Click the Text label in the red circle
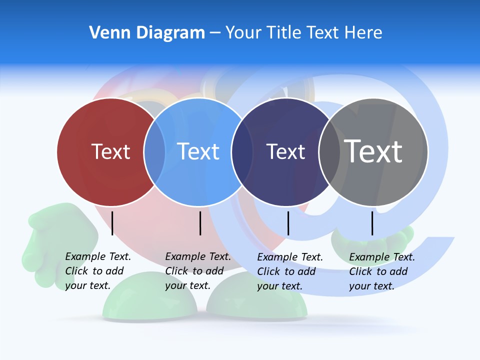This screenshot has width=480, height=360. point(110,151)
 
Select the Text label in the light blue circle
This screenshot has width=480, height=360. point(198,151)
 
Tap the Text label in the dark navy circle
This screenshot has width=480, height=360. point(285,151)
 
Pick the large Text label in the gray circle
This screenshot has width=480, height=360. point(373,151)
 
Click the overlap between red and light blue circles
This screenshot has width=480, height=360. point(154,151)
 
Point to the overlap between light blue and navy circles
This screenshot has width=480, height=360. point(242,151)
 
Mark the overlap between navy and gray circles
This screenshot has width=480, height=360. point(329,151)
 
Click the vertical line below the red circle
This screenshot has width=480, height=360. point(112,223)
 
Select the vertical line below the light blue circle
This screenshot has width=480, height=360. point(200,223)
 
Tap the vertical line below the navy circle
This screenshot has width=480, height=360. point(288,223)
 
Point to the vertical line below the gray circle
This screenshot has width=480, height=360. point(372,223)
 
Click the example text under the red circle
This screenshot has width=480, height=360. point(97,271)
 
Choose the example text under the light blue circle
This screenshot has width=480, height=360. point(197,271)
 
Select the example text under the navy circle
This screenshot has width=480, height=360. point(289,271)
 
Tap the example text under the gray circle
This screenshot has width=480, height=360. point(381,271)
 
